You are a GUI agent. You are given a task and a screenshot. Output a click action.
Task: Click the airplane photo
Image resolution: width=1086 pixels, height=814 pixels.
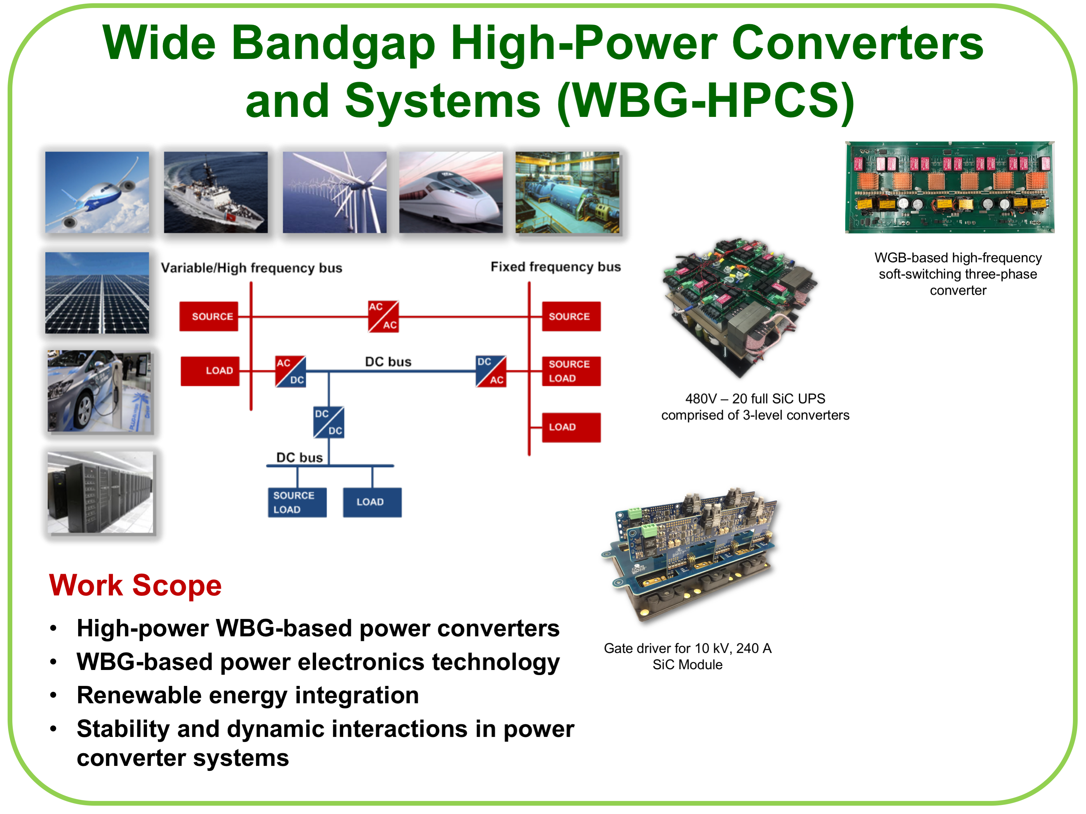97,192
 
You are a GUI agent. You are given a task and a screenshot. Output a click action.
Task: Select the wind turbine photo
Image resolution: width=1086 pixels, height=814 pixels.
334,192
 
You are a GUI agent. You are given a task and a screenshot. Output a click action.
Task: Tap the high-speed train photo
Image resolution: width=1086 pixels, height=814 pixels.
451,192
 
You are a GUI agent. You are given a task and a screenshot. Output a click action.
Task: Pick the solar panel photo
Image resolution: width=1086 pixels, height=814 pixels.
97,292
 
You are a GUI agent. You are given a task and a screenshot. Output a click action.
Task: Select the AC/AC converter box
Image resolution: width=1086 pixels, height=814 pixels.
383,316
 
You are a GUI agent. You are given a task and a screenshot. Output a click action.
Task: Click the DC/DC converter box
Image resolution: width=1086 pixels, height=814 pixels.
328,422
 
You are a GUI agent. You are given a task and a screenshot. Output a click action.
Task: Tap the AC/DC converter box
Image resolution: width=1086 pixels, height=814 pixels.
290,371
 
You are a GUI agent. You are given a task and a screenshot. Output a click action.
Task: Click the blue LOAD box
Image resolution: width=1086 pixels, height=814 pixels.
372,502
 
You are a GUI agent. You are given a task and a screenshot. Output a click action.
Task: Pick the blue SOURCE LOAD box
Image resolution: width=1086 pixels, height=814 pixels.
297,502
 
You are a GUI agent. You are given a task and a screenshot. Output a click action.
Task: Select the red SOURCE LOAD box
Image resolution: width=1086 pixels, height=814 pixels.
570,371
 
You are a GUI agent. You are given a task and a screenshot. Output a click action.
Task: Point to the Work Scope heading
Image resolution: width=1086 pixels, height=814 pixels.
135,585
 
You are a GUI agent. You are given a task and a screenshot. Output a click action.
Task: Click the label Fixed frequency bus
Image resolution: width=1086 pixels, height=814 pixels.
555,266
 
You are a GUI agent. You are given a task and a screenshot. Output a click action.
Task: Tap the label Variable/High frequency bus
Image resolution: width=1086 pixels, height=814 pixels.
251,268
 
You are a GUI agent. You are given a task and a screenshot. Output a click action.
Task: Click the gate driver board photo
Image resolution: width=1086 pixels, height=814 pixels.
690,554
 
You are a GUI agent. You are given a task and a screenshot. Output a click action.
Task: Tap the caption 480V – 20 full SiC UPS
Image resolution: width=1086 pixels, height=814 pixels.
755,398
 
